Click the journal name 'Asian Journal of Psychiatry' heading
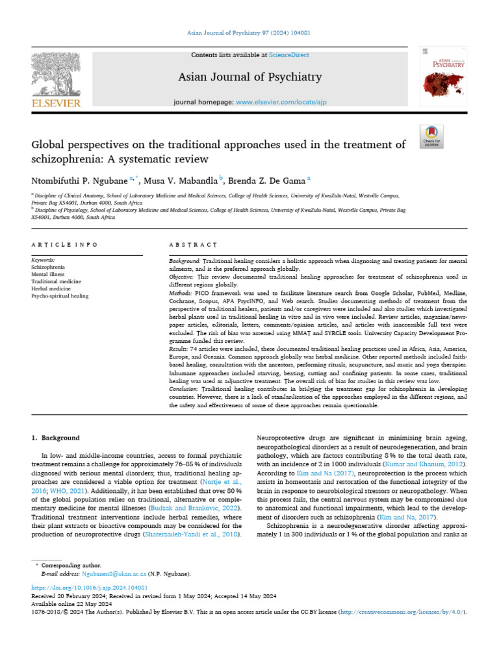pos(250,77)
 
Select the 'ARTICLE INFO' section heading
pos(64,245)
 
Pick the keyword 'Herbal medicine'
pos(53,289)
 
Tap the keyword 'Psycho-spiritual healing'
pos(60,296)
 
